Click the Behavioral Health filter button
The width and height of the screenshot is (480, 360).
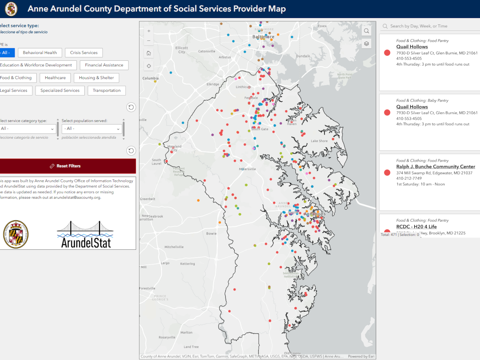(40, 53)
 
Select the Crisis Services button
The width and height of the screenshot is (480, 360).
(84, 53)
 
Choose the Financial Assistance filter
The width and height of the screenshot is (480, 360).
(104, 65)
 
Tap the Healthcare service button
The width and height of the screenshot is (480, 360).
(55, 78)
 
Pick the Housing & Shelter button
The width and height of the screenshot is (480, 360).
(96, 78)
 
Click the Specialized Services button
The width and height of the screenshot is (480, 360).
(60, 91)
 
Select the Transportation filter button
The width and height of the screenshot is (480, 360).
(106, 91)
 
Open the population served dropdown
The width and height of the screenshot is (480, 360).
(92, 129)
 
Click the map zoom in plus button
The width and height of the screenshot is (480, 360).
(149, 31)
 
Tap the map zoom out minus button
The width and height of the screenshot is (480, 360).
(149, 41)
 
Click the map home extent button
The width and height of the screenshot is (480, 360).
(149, 53)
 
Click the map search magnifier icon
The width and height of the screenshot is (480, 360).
(366, 31)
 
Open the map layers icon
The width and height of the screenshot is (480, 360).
(366, 44)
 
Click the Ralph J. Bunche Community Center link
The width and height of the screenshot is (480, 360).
(435, 166)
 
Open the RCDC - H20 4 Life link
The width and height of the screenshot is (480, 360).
(416, 226)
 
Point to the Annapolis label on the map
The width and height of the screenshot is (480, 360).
(315, 214)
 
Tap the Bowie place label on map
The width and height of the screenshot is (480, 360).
(211, 234)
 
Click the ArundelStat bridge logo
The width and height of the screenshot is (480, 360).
(86, 235)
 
